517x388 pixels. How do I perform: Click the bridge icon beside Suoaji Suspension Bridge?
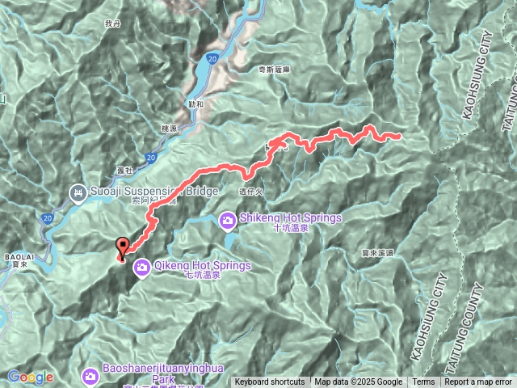coord(77,192)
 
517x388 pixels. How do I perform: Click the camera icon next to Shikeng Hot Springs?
coord(229,219)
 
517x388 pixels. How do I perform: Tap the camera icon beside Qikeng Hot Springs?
coord(141,265)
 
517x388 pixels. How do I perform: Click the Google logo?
coord(31,377)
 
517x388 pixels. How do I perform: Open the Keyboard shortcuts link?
coord(270,382)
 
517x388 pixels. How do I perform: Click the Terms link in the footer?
coord(423,382)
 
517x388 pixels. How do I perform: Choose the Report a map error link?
coord(477,382)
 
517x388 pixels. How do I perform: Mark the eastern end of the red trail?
coord(400,136)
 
